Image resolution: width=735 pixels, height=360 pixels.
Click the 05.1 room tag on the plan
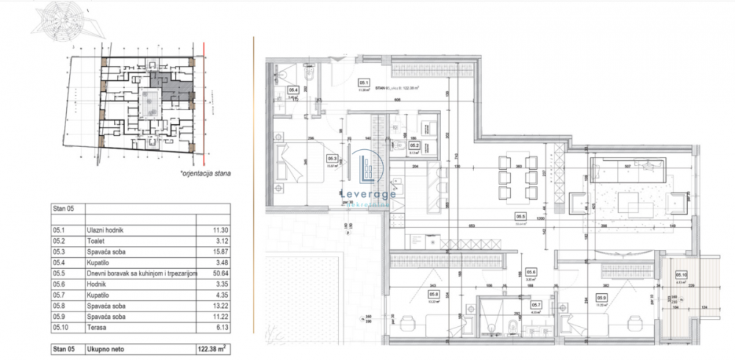(363, 82)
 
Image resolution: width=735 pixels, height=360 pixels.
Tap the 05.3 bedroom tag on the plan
(332, 158)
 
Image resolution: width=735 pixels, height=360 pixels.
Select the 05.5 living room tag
(520, 216)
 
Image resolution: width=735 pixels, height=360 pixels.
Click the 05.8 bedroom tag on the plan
(434, 297)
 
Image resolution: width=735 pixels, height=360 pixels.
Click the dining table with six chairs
(517, 176)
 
